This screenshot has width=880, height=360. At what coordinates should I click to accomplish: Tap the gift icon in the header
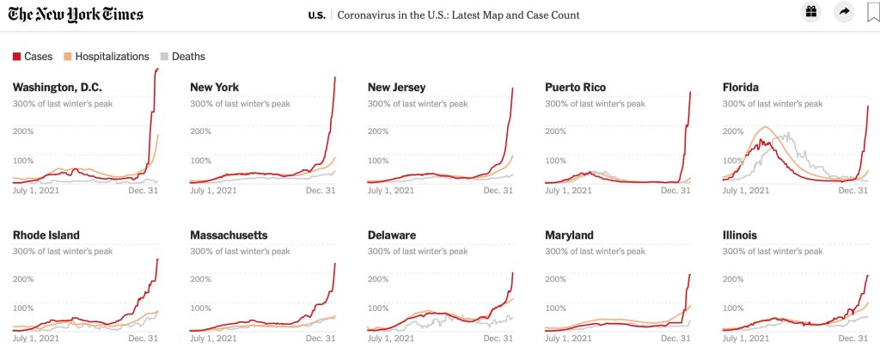810,12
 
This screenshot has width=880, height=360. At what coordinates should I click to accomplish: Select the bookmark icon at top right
872,12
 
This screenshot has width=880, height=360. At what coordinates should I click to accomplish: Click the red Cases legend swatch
16,57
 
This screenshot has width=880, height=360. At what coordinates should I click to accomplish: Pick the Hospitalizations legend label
112,57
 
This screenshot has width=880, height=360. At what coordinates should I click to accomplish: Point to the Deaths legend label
188,57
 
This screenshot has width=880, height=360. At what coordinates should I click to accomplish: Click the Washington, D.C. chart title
58,88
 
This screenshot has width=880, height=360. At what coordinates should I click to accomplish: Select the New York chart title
214,88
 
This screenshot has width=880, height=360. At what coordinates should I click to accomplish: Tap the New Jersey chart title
396,88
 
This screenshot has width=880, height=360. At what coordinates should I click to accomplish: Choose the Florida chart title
741,88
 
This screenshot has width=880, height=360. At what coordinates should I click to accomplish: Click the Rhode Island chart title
46,235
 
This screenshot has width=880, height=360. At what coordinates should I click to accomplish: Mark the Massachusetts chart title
229,235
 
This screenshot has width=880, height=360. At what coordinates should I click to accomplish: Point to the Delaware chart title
392,235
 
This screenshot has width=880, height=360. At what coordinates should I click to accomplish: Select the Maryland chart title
570,235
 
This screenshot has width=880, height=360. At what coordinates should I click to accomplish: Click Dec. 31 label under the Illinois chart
852,339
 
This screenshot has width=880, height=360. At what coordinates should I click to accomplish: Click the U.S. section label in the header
316,15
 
